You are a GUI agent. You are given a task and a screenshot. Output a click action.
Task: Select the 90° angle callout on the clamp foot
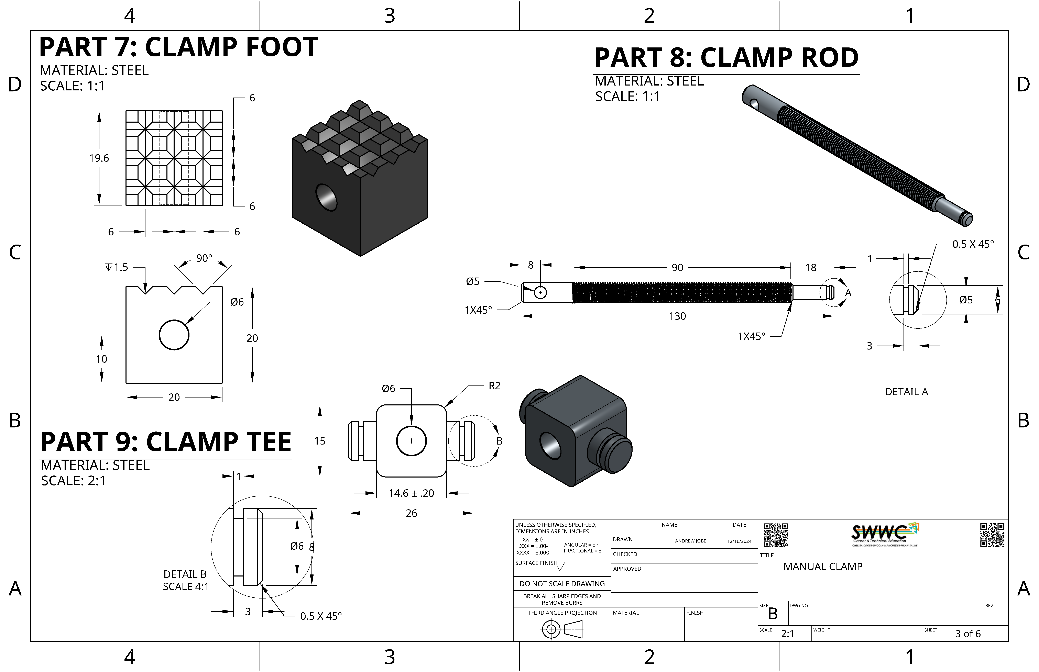point(204,258)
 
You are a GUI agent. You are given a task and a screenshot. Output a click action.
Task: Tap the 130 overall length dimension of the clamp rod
point(677,316)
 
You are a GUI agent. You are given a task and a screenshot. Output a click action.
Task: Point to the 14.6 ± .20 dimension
point(411,493)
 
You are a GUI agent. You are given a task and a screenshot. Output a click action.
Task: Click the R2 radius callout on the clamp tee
point(494,386)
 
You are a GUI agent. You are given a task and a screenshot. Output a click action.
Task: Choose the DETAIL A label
point(906,392)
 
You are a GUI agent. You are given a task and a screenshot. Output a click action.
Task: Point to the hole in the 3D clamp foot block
point(327,197)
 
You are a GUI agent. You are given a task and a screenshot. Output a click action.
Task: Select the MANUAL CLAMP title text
point(823,566)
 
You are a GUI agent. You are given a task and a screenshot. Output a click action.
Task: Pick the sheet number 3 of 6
point(968,634)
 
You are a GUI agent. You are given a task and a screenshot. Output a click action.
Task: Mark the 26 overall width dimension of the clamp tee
point(411,513)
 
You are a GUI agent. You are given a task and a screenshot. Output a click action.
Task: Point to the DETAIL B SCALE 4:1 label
point(186,580)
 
